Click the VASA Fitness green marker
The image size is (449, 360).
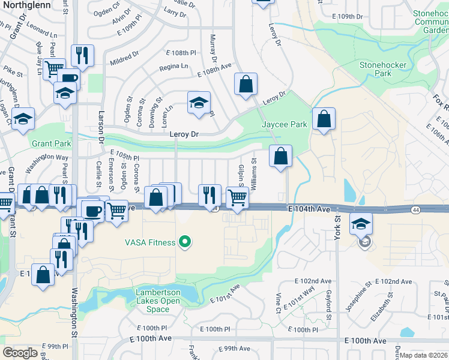coord(185,242)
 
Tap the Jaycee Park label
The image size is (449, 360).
coord(285,124)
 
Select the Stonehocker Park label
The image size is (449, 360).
coord(383,69)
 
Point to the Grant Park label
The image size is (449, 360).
coord(51,143)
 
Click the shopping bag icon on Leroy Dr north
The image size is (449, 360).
coord(246,85)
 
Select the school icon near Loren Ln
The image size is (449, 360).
coord(199,103)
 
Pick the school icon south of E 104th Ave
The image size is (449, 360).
coord(361,224)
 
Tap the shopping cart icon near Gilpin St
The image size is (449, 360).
coord(238,197)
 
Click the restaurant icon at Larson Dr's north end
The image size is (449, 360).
coord(82,56)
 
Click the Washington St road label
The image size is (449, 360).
coord(75,305)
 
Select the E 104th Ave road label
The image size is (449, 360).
coord(309,209)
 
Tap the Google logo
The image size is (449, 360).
coord(20,353)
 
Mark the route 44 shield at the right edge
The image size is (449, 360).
coord(415,209)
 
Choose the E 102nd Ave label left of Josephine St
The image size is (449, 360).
coord(313,281)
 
